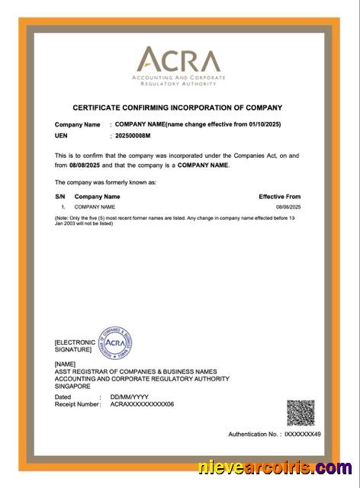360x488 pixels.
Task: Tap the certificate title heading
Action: click(177, 108)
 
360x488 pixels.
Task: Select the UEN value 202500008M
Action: click(133, 136)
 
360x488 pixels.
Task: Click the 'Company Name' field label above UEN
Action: click(77, 124)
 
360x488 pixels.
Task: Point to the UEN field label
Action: click(62, 136)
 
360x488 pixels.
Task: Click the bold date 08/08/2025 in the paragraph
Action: click(85, 165)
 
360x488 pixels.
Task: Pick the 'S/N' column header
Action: click(60, 197)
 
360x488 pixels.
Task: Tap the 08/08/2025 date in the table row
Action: click(288, 207)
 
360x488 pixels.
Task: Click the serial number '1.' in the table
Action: click(63, 207)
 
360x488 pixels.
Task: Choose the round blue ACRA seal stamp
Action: click(116, 344)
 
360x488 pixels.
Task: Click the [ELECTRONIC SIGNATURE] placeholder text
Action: click(75, 346)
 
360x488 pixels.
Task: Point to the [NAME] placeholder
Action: click(66, 364)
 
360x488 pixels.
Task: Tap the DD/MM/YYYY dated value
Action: click(128, 397)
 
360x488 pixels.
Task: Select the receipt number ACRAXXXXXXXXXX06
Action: click(142, 404)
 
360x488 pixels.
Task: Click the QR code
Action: click(301, 413)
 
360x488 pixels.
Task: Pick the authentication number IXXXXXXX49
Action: click(303, 434)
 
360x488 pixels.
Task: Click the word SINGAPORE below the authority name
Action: click(72, 385)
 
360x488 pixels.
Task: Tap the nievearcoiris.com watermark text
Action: click(275, 467)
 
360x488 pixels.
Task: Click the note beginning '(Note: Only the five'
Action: click(175, 220)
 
